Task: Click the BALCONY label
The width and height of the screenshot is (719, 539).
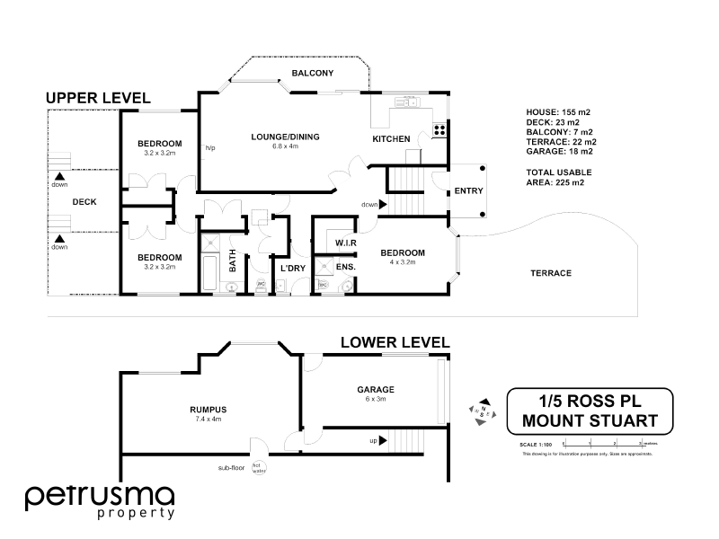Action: [x=313, y=73]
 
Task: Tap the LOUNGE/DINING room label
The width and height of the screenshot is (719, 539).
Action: [x=285, y=137]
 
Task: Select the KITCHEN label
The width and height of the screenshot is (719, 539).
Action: [x=391, y=139]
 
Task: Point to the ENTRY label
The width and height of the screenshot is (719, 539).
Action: [x=468, y=191]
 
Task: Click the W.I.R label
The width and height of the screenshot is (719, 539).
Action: [x=347, y=243]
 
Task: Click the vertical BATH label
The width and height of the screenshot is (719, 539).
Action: [x=232, y=261]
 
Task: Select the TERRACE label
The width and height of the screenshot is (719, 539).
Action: [x=551, y=273]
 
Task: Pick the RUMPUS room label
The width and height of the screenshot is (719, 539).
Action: [x=208, y=410]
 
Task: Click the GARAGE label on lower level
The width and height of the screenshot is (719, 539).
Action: [x=375, y=389]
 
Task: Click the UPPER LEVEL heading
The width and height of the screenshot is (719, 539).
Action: [x=98, y=97]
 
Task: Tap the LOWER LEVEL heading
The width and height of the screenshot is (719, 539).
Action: [x=395, y=341]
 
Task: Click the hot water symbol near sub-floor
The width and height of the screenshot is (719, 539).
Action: [x=258, y=467]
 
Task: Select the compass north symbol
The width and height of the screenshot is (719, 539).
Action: [x=482, y=409]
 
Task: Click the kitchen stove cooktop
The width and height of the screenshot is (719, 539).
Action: [x=440, y=129]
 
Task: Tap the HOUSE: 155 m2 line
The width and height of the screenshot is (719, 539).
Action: [x=557, y=111]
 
